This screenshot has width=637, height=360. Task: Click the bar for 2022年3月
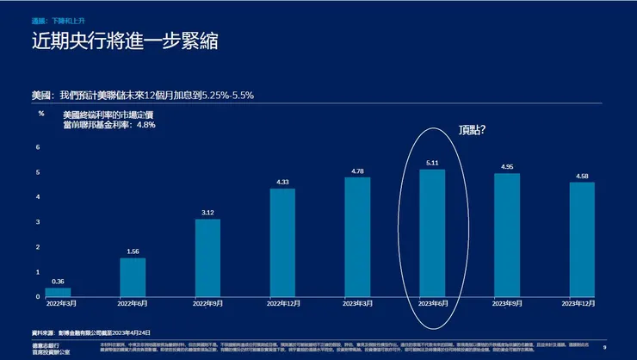(x=58, y=292)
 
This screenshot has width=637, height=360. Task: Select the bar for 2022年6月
(x=133, y=277)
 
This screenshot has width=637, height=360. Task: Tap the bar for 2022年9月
(x=207, y=258)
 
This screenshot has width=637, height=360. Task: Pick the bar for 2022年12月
(x=282, y=242)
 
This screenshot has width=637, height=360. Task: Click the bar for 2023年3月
(x=357, y=237)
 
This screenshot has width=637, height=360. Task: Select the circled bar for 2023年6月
(x=432, y=233)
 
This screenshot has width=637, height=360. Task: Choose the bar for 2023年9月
(x=507, y=234)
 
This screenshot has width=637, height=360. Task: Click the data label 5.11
(x=432, y=162)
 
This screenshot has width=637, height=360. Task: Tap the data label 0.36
(x=58, y=281)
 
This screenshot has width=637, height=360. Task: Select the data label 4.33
(x=282, y=182)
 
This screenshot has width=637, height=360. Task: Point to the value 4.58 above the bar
(x=582, y=176)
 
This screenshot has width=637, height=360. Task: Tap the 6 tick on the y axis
(x=38, y=147)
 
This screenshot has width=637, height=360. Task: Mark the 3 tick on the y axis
(x=38, y=222)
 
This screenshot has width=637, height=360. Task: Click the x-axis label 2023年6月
(x=432, y=303)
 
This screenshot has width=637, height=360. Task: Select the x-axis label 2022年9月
(x=207, y=303)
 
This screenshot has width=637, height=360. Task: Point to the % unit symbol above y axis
(x=40, y=114)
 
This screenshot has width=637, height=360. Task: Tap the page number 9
(x=605, y=346)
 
